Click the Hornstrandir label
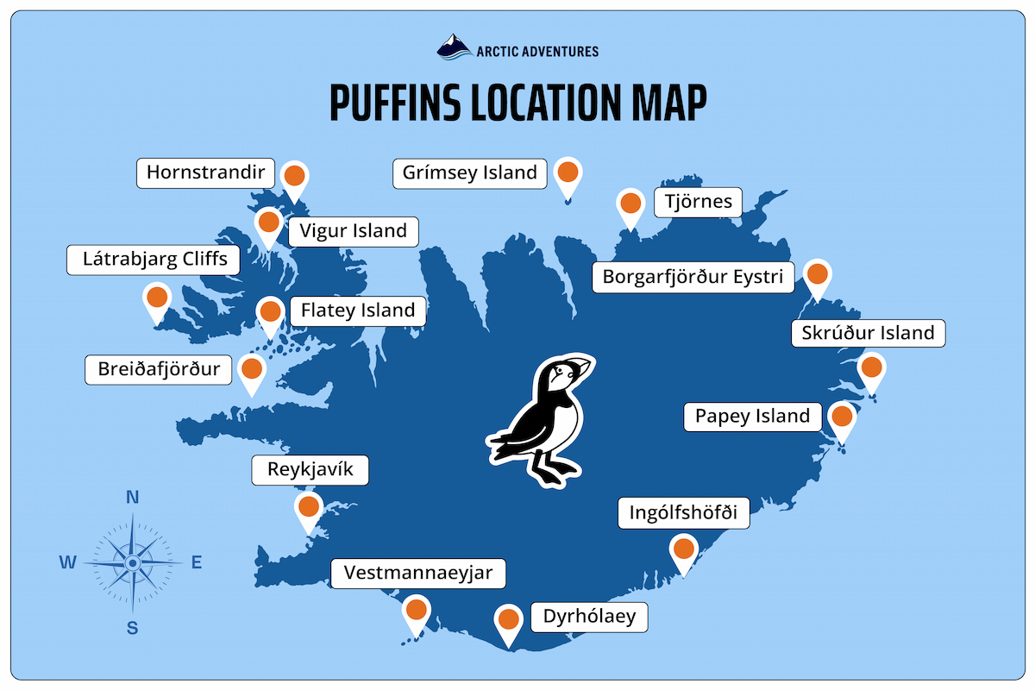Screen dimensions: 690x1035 click(x=206, y=172)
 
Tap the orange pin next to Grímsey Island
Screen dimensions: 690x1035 click(x=568, y=172)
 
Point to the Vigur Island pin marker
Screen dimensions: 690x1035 click(x=268, y=222)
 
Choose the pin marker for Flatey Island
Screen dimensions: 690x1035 click(x=269, y=311)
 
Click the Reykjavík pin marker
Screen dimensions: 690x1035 click(x=309, y=505)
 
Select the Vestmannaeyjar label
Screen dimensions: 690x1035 click(x=418, y=573)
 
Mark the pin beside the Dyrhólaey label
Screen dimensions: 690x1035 click(x=509, y=619)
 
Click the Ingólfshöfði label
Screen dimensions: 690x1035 click(x=684, y=513)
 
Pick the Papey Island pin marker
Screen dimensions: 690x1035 click(x=842, y=417)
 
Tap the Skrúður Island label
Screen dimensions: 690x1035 click(x=869, y=333)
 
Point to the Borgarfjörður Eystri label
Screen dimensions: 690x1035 click(x=693, y=278)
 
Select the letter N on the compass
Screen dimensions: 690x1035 click(x=133, y=497)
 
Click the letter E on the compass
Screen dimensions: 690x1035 click(x=196, y=563)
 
